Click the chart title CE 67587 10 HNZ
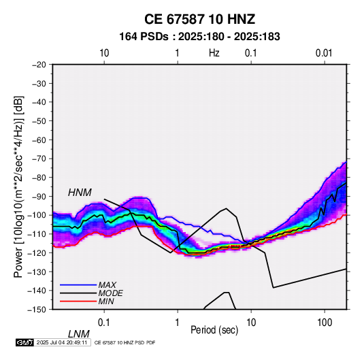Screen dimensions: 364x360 tap(199, 19)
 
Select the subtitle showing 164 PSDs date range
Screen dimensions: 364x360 tap(199, 37)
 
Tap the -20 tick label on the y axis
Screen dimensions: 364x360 tap(39, 65)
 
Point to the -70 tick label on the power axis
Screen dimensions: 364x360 tap(39, 159)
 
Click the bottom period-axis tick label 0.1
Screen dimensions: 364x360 tap(104, 323)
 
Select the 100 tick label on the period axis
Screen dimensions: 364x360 tap(325, 323)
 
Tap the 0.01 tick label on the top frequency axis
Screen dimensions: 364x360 tap(324, 53)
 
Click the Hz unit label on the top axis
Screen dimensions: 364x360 tap(214, 53)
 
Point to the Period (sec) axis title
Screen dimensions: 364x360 tap(214, 330)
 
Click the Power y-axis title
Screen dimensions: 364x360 tap(18, 186)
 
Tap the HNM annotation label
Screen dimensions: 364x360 tap(80, 193)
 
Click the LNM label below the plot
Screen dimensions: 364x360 tap(78, 334)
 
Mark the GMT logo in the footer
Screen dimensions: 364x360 tap(24, 342)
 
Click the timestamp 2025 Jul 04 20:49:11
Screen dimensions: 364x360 tap(62, 342)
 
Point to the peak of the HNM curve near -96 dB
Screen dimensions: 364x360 tap(226, 208)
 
